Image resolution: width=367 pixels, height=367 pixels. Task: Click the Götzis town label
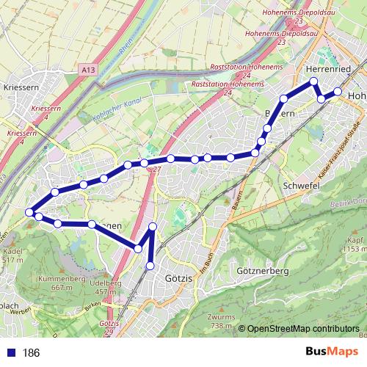point(178,279)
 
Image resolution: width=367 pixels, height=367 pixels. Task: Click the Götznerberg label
point(261,271)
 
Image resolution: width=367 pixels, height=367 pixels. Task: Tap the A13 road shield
point(89,69)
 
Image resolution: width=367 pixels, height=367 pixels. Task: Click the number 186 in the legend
point(31,353)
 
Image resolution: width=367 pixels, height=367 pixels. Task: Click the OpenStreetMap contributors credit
point(302,330)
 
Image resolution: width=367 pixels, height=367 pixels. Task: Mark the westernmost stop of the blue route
point(30,212)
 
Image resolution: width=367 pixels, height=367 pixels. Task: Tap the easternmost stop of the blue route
point(338,92)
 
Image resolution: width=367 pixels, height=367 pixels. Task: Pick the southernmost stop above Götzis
point(150,265)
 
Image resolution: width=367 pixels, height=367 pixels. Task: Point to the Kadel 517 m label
point(13,255)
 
